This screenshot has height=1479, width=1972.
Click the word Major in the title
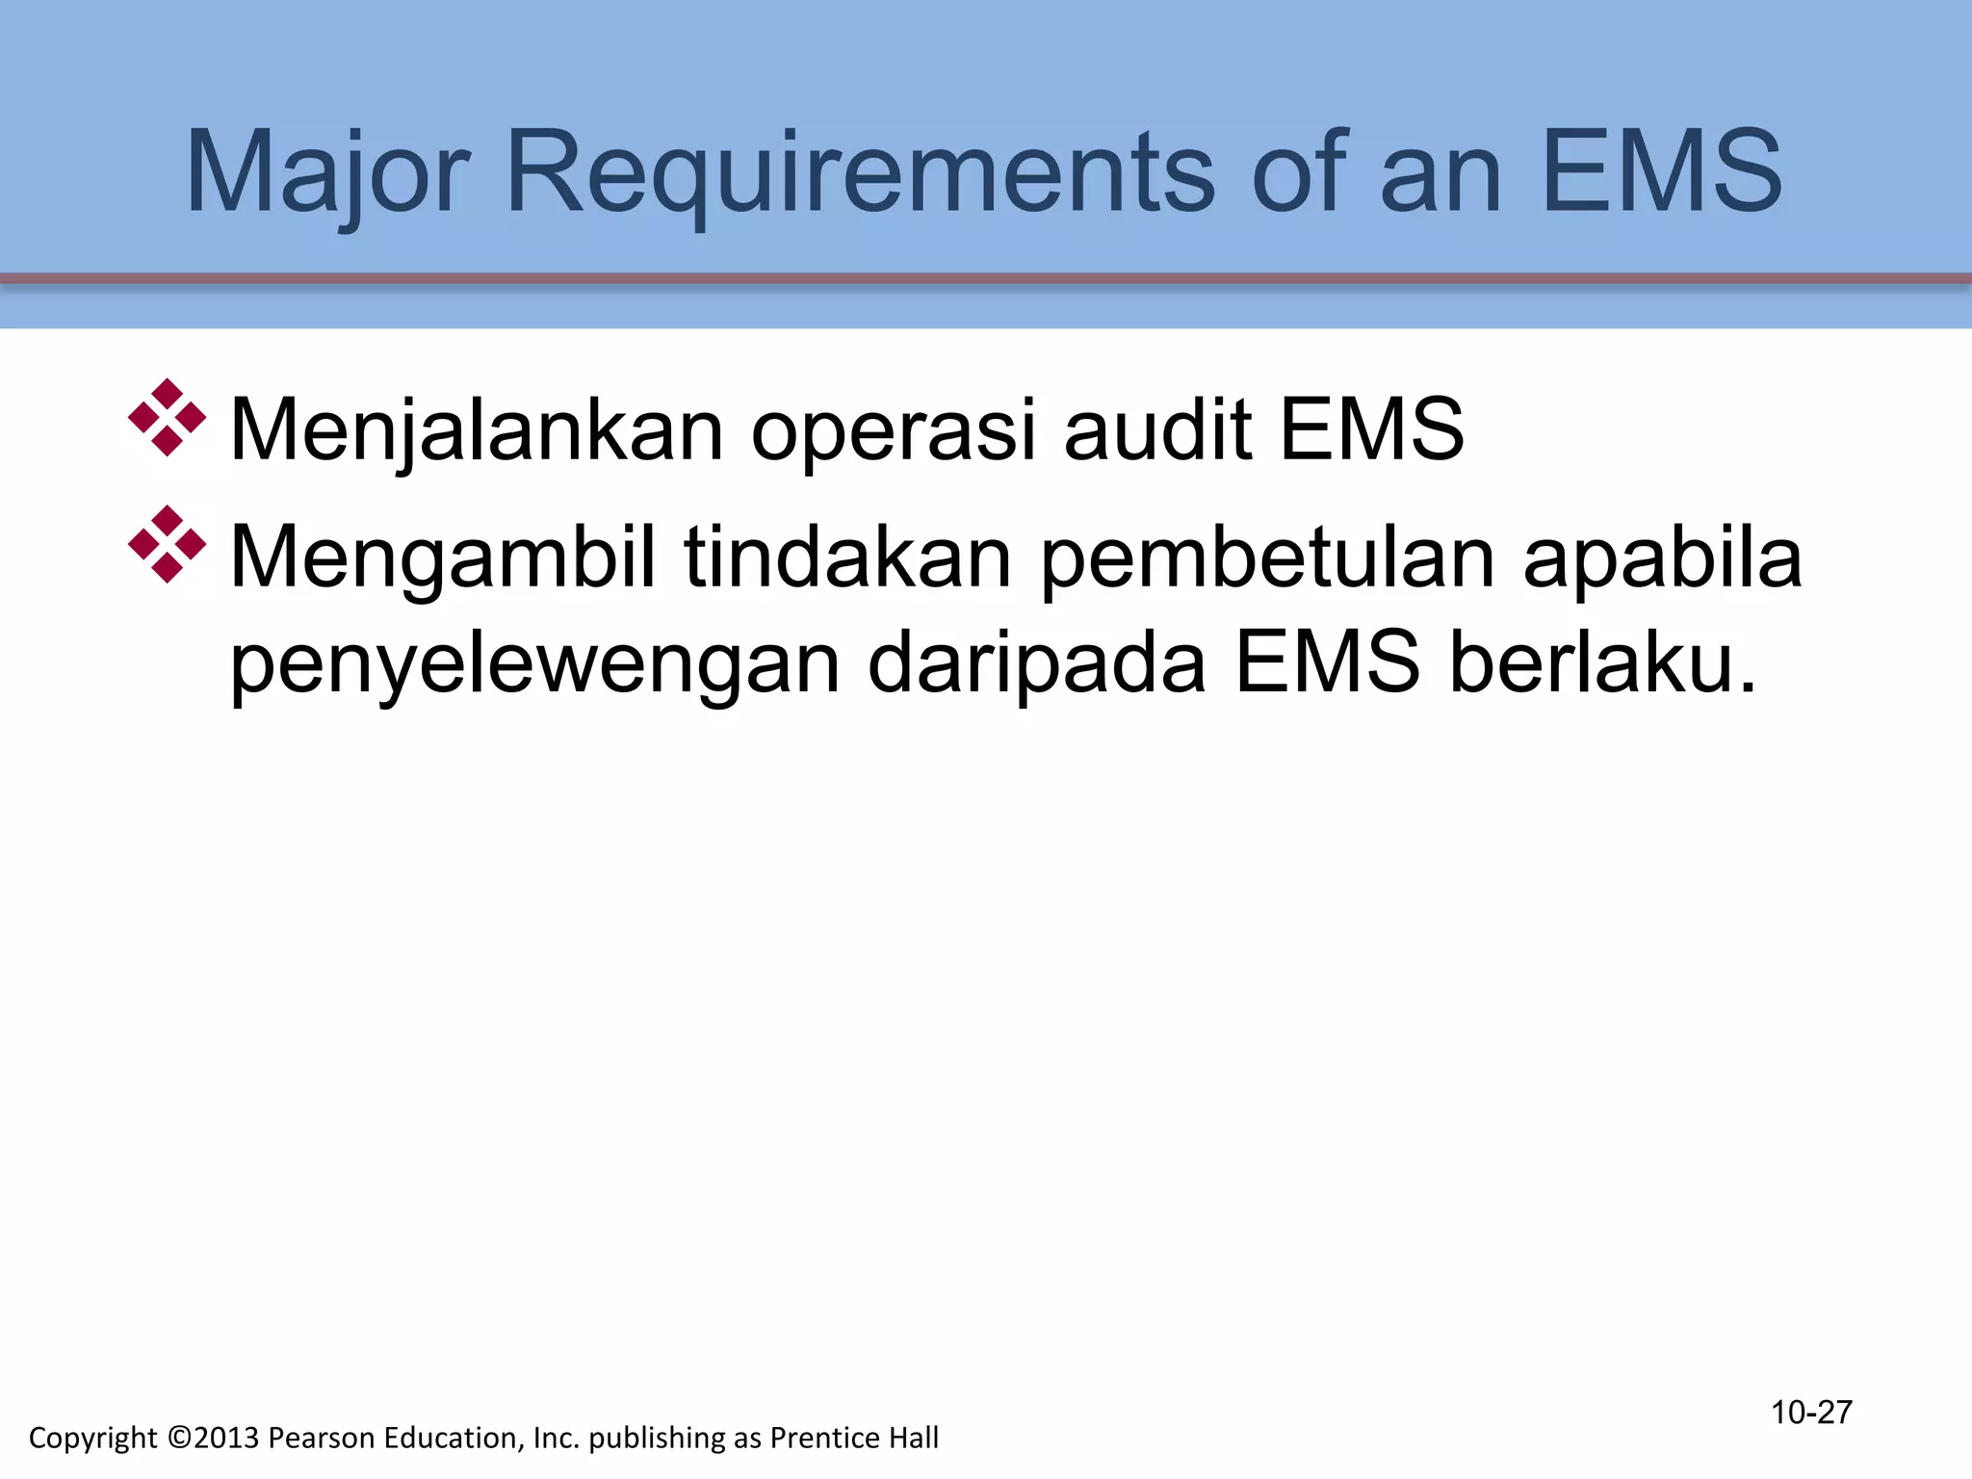326,173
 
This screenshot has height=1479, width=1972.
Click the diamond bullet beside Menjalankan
167,418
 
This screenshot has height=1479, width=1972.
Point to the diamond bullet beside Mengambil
167,544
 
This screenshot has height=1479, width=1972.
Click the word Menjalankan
477,430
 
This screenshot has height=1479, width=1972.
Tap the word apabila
1663,558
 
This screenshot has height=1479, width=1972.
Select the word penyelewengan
535,664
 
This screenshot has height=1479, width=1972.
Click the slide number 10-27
1811,1413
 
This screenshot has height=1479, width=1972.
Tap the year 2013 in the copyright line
227,1438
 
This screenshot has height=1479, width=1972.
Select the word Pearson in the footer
323,1438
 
